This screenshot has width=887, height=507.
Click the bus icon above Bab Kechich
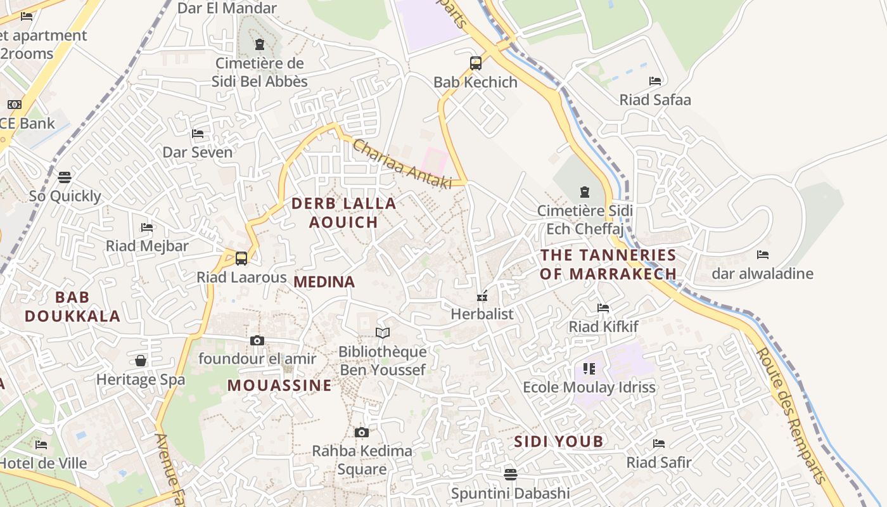[x=476, y=63]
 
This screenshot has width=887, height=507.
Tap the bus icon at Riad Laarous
[x=241, y=259]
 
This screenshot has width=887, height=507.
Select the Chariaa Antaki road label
[x=402, y=164]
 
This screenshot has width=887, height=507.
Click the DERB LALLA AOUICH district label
[x=343, y=213]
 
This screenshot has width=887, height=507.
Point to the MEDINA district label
[x=324, y=282]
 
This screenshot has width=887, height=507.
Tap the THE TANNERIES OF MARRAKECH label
[x=608, y=264]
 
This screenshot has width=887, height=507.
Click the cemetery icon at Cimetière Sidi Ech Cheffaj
[x=585, y=191]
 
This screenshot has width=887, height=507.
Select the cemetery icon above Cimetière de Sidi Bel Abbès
[x=259, y=44]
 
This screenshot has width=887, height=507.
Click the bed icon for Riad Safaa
[x=655, y=81]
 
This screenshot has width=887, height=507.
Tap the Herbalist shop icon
[x=482, y=295]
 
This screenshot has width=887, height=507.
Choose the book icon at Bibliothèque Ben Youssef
[x=383, y=333]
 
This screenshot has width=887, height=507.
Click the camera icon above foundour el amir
[x=257, y=340]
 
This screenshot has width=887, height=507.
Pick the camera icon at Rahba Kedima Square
[x=362, y=432]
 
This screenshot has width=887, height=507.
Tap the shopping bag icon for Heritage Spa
[x=141, y=361]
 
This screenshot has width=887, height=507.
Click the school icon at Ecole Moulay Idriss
[x=589, y=368]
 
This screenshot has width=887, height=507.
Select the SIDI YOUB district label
[x=558, y=442]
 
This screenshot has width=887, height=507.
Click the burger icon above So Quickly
[x=65, y=177]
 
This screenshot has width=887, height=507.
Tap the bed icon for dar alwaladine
[x=763, y=255]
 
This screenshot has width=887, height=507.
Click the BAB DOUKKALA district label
[x=72, y=307]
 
